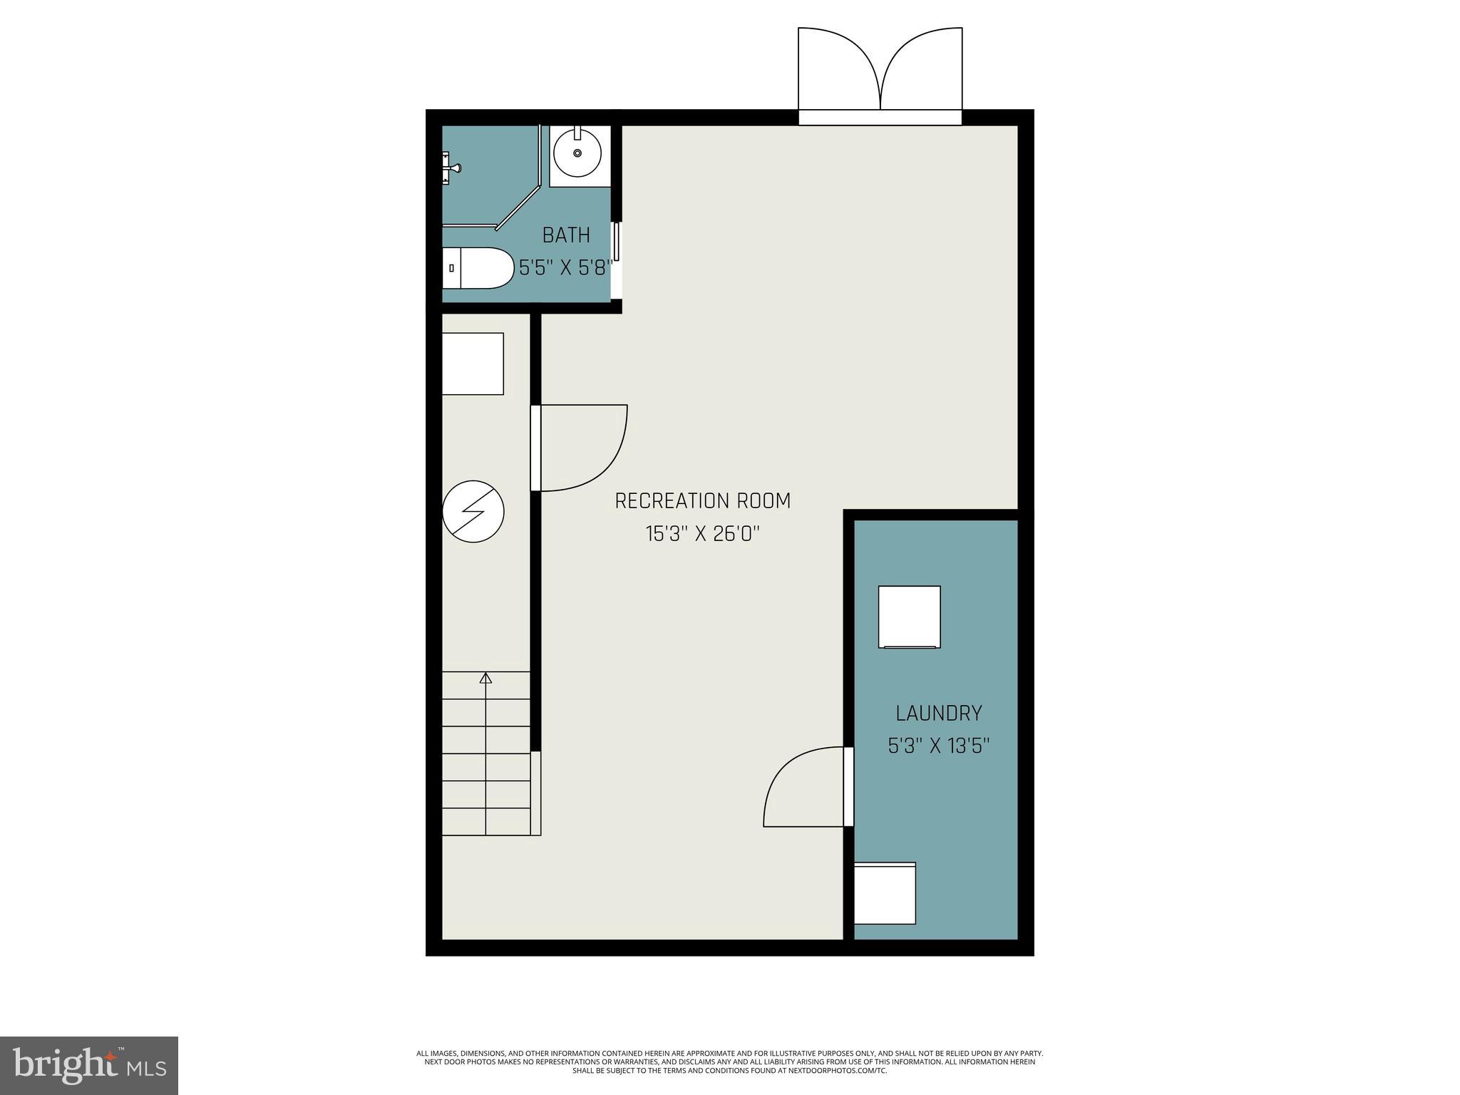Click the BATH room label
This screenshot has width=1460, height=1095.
coord(566,235)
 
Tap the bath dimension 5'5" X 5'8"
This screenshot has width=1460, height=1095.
coord(565,268)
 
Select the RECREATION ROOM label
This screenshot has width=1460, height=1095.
coord(702,501)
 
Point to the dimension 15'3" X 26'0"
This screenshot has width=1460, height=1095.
coord(702,534)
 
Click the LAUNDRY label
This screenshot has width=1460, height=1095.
coord(938,713)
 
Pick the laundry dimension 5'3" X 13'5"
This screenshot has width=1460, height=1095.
coord(938,746)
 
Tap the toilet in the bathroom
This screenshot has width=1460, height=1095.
coord(476,268)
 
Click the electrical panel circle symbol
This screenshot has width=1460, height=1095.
coord(473,511)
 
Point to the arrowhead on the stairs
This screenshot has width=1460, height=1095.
coord(486,678)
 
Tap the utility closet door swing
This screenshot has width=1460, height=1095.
coord(581,448)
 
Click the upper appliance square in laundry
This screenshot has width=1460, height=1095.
coord(909,617)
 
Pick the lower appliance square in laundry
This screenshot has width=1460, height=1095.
coord(885,893)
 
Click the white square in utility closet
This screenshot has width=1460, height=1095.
coord(473,364)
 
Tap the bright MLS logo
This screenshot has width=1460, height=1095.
coord(89,1064)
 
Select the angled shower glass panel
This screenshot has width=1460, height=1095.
coord(519,208)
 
